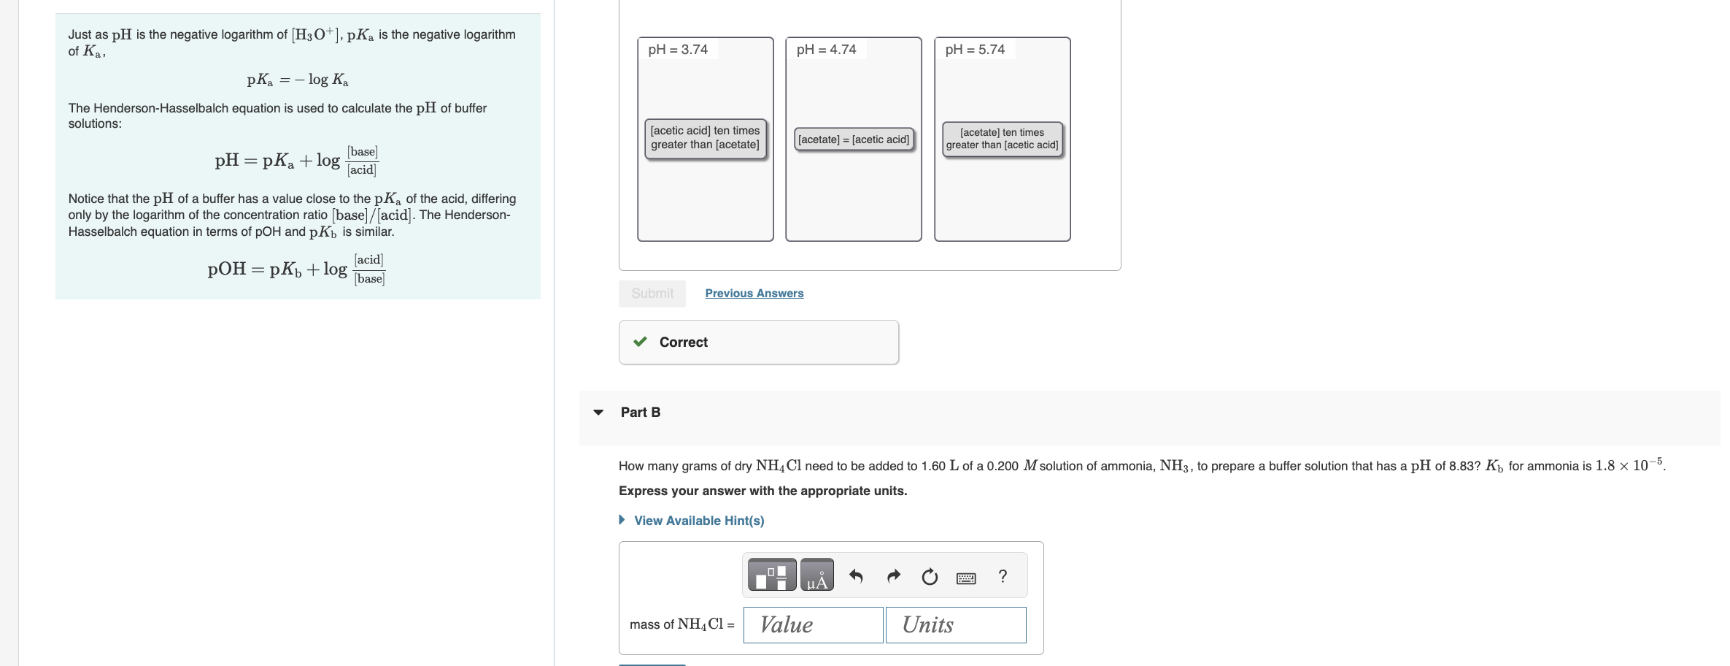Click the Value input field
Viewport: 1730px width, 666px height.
tap(813, 625)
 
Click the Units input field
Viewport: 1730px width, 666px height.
tap(956, 625)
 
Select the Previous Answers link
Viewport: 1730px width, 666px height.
tap(754, 294)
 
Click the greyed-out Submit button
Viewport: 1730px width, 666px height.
tap(652, 294)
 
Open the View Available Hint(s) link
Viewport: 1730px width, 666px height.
tap(698, 521)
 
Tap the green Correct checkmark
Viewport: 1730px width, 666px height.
tap(641, 342)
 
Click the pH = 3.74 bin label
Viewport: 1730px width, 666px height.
tap(678, 50)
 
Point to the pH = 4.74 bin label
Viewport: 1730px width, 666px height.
tap(826, 50)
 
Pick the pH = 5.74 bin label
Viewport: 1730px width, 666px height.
tap(975, 50)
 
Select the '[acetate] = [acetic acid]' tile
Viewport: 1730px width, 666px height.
tap(854, 139)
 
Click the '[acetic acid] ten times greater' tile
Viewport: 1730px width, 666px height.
tap(705, 138)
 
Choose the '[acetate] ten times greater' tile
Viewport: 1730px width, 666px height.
tap(1002, 139)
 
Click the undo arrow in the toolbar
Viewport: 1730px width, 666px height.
tap(857, 577)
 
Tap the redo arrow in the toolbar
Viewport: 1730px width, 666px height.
tap(893, 577)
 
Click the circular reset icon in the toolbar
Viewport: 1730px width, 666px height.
tap(930, 577)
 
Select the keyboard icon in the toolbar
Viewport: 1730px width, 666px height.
tap(966, 578)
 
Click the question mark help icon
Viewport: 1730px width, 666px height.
tap(1003, 576)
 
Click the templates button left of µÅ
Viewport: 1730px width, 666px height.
tap(772, 575)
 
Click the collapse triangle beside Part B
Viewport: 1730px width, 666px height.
tap(599, 413)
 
